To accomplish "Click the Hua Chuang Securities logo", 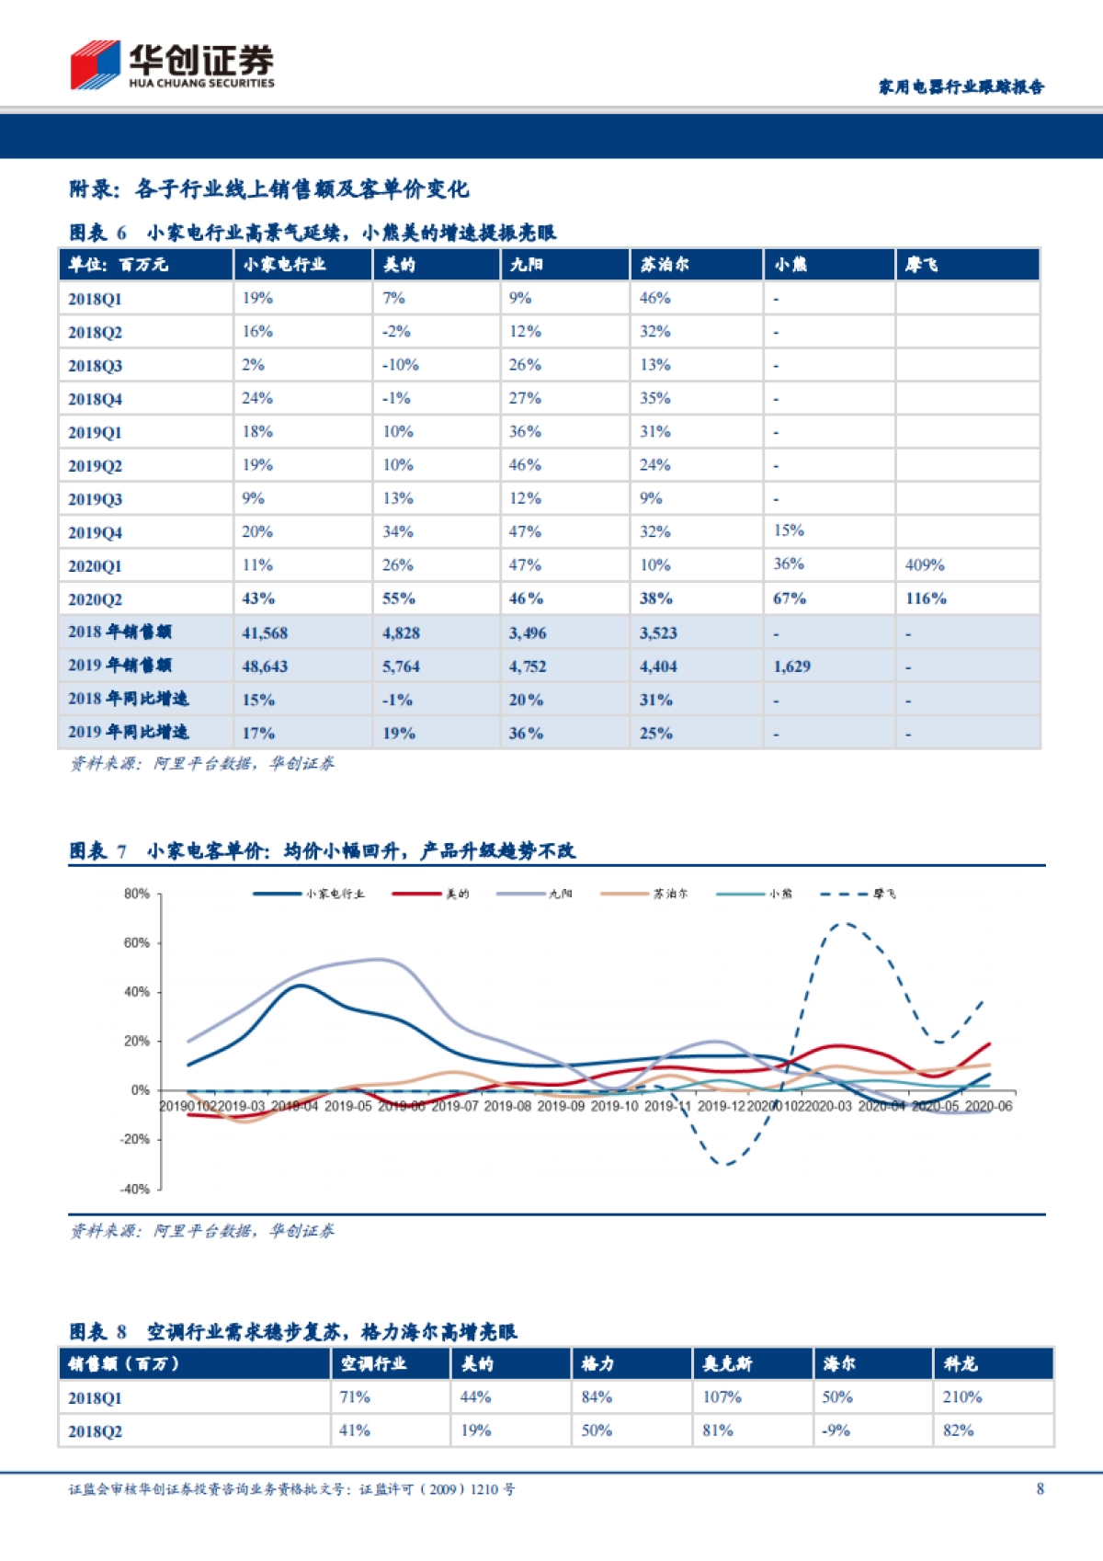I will tap(172, 65).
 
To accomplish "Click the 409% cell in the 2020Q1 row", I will tap(925, 565).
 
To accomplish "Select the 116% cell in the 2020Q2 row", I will tap(926, 598).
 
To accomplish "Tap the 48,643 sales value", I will tap(265, 667).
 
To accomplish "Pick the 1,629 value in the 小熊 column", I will tap(791, 667).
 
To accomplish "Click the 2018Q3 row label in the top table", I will tap(95, 366).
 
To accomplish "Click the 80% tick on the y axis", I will tap(137, 894).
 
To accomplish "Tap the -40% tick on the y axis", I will tap(135, 1189).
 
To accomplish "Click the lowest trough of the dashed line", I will tap(726, 1165).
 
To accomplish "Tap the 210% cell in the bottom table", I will tap(962, 1397).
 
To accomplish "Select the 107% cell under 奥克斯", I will tap(722, 1397).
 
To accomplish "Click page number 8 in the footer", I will tap(1040, 1489).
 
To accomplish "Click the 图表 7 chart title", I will tap(322, 851).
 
